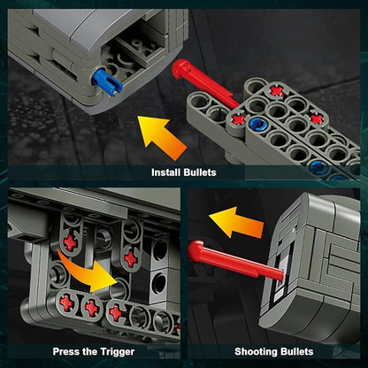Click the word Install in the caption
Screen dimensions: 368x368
tap(166, 172)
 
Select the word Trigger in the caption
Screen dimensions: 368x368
tap(117, 351)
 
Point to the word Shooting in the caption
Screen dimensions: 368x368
tap(257, 351)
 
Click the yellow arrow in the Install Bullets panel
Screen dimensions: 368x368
tap(162, 136)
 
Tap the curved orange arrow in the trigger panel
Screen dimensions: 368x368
tap(89, 272)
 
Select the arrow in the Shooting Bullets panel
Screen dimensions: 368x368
tap(236, 223)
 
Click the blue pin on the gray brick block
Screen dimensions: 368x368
tap(107, 82)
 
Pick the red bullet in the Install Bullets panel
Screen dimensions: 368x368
tap(205, 83)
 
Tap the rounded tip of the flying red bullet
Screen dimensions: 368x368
tap(195, 250)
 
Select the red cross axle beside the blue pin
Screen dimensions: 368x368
tap(239, 119)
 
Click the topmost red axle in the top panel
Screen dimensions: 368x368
tap(277, 91)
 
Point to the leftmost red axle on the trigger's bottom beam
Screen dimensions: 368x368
tap(66, 303)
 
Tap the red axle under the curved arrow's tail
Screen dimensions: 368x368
tap(70, 243)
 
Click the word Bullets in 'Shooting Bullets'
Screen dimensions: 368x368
tap(296, 351)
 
